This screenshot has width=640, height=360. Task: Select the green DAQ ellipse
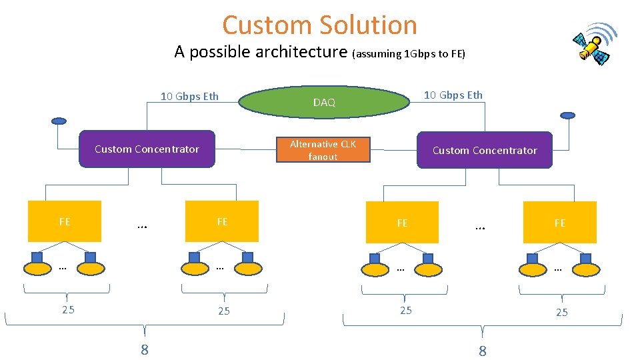(324, 103)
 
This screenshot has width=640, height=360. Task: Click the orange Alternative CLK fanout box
(323, 150)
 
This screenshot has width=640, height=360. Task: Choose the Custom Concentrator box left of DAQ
(147, 149)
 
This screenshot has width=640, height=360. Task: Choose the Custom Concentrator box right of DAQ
(485, 150)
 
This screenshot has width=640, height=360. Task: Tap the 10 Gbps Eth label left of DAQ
(189, 96)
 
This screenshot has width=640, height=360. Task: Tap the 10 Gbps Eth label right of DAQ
(453, 95)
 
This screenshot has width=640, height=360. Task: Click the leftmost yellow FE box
(64, 221)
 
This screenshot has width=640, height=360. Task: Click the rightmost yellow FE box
(560, 223)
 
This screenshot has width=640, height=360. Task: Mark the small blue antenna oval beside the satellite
(567, 115)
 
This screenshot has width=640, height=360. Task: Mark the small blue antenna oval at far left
(59, 121)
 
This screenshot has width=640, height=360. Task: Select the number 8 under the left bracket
(145, 349)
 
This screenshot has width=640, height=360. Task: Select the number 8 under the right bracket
(483, 351)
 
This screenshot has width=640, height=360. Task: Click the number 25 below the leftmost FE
(68, 309)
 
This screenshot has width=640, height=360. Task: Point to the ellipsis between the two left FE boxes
(142, 225)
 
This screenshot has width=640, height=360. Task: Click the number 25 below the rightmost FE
(562, 312)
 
